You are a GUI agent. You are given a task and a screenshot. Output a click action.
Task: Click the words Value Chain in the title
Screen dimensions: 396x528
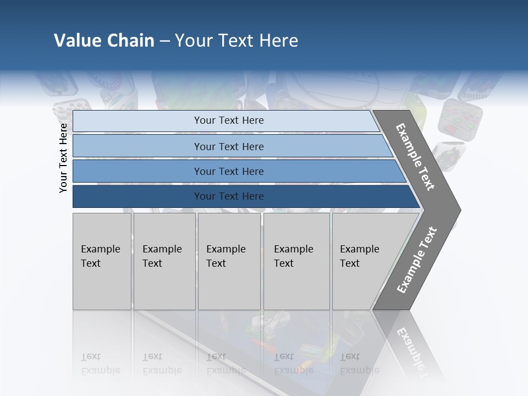coord(104,41)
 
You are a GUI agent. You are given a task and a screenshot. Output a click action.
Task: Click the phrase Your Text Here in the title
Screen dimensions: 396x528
coord(237,41)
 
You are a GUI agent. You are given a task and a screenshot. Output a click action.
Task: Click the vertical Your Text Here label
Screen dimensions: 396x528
coord(63,158)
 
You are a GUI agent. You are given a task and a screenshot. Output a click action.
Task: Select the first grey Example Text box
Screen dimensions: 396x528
coord(102,261)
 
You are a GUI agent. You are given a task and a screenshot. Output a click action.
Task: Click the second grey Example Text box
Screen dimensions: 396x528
coord(164,261)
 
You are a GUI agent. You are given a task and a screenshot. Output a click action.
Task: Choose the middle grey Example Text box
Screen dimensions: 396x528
coord(229,261)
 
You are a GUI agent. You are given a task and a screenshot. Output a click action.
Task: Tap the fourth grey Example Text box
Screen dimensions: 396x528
coord(296,261)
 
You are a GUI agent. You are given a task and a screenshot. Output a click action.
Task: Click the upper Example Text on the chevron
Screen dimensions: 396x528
coord(415,157)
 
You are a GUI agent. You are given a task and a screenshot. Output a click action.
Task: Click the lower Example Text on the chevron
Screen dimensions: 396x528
coord(417,260)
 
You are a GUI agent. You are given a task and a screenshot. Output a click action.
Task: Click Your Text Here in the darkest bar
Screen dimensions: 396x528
coord(229,196)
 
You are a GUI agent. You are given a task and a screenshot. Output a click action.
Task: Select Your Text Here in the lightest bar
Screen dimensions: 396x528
coord(229,120)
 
